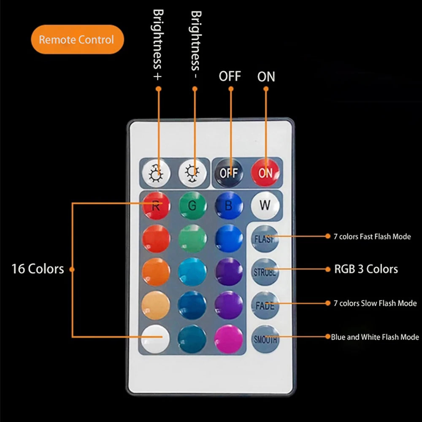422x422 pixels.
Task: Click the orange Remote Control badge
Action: (77, 40)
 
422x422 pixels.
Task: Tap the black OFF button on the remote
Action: (229, 172)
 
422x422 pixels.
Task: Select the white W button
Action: (265, 206)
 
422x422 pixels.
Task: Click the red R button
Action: (156, 206)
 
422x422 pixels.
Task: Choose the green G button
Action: (192, 206)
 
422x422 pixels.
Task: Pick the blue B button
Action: (229, 206)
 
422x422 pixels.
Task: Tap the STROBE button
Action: (265, 271)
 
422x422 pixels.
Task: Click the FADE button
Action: (265, 305)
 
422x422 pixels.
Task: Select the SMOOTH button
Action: (265, 338)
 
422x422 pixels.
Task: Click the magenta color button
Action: (229, 338)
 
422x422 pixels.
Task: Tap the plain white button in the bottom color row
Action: (156, 338)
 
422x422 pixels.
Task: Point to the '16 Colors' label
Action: (38, 269)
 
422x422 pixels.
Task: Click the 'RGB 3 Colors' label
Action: (366, 269)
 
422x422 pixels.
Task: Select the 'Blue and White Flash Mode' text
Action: (375, 337)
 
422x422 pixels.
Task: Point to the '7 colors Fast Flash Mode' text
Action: (372, 237)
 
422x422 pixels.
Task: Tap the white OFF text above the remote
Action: (230, 76)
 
